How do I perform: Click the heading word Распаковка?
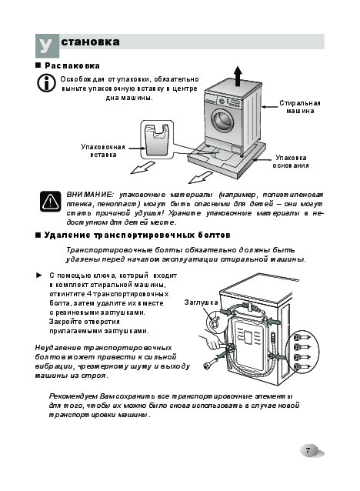[x=72, y=65]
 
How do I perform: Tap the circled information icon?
[x=46, y=83]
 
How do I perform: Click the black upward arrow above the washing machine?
[x=238, y=76]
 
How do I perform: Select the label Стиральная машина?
[x=300, y=107]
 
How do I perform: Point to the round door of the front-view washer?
[x=223, y=121]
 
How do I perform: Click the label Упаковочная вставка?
[x=103, y=151]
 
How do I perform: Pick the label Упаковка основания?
[x=291, y=162]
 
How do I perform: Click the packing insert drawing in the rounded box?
[x=157, y=140]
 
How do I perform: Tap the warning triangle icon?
[x=51, y=201]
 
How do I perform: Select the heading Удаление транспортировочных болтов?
[x=138, y=235]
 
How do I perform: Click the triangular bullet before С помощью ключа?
[x=39, y=276]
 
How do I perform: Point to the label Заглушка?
[x=201, y=302]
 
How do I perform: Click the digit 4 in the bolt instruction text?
[x=89, y=294]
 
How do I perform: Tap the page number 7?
[x=308, y=450]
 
